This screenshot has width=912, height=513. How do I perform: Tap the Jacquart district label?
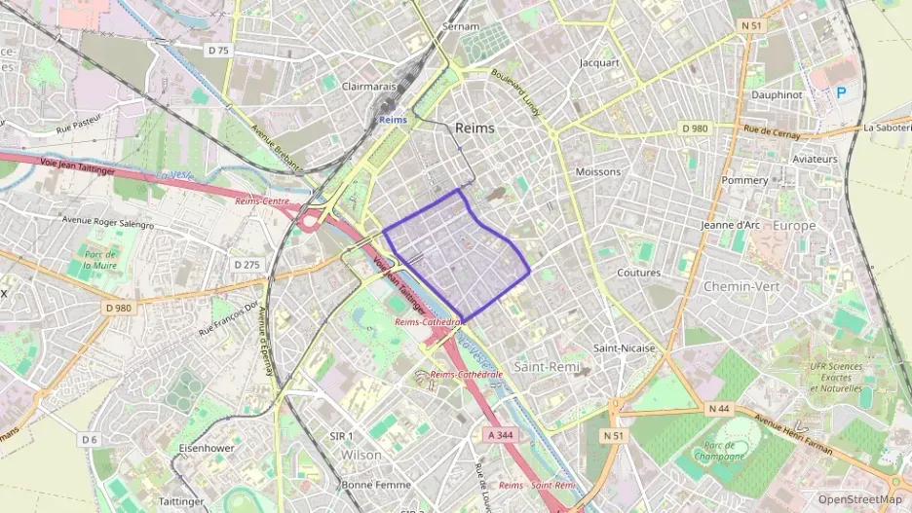[599, 62]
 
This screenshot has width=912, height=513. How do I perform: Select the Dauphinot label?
[776, 94]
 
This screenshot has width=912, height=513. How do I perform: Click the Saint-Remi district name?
[547, 366]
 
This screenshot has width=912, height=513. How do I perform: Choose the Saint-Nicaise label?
[625, 348]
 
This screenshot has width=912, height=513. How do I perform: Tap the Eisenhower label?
[207, 448]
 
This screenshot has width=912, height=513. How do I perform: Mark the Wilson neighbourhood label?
[361, 455]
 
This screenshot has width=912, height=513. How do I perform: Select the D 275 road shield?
[247, 264]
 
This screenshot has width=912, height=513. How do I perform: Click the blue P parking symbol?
[841, 92]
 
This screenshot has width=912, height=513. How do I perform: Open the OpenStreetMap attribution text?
[860, 499]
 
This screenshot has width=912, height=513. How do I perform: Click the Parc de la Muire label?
[99, 258]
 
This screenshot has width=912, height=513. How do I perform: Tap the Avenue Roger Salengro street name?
[108, 221]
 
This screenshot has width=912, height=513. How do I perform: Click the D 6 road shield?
[90, 439]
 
